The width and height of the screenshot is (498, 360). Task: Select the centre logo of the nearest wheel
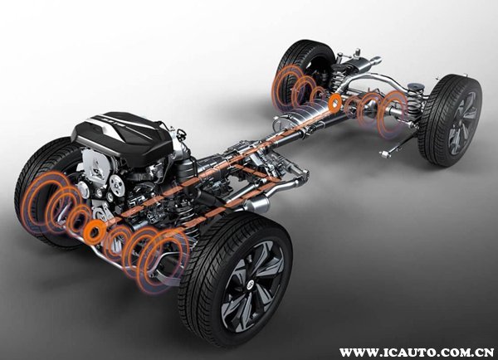point(251,285)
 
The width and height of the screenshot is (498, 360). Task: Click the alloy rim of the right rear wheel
point(462,123)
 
